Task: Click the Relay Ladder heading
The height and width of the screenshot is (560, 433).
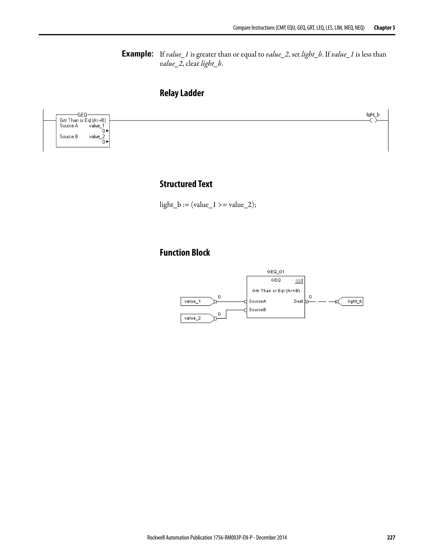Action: point(182,93)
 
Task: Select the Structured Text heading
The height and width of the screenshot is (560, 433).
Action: point(186,184)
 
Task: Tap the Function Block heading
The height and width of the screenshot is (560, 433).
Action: point(185,253)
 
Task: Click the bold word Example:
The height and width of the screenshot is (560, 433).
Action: point(137,54)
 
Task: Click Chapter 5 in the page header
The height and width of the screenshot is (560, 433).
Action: point(384,28)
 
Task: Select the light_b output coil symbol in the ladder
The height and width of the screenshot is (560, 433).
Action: point(373,120)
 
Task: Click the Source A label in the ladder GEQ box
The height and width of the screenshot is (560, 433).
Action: point(69,126)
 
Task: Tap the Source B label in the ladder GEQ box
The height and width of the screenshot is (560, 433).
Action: point(69,137)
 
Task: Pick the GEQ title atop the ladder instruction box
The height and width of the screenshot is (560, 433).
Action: point(82,115)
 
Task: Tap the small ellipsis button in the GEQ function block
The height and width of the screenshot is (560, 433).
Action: point(299,281)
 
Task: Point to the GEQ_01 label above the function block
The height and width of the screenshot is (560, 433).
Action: point(275,272)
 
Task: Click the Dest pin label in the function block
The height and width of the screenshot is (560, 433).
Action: point(298,301)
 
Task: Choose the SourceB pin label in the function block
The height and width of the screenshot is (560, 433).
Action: point(257,310)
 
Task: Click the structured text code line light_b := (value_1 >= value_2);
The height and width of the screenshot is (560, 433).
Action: point(208,205)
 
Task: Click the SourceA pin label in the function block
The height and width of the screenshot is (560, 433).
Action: point(257,301)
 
